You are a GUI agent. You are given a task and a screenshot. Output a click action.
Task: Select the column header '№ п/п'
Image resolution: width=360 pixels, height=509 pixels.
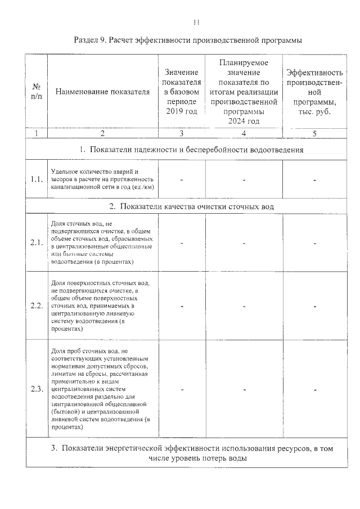[37, 92]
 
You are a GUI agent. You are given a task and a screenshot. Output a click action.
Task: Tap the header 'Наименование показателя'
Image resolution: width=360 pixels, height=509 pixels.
[102, 92]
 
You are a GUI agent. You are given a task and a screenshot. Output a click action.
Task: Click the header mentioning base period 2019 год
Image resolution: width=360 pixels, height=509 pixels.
[182, 92]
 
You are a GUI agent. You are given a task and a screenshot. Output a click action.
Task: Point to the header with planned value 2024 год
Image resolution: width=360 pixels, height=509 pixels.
[244, 92]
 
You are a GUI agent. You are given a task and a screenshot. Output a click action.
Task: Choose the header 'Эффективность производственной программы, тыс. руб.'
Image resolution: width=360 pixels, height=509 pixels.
[314, 92]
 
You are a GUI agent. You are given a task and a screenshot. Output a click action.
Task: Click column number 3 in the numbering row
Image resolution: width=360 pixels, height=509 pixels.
[182, 133]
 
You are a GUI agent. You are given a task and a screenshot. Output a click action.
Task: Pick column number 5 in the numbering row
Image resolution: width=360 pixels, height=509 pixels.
[314, 133]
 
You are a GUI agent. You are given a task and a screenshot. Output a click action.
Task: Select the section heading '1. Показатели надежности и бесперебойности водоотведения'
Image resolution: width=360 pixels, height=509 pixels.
[192, 150]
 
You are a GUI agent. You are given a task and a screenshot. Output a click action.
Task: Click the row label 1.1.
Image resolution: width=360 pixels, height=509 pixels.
[37, 179]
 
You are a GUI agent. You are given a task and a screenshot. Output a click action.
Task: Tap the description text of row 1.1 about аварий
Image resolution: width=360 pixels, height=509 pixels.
[102, 179]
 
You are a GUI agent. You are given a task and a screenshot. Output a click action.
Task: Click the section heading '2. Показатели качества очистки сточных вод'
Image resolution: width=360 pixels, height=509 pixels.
[192, 206]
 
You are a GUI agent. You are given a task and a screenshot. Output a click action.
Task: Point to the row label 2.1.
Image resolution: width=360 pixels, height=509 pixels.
[37, 243]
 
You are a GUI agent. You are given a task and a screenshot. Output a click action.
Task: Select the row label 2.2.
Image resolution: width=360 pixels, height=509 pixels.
[37, 306]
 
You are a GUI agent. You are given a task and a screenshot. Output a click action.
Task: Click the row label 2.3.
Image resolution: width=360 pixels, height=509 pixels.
[37, 389]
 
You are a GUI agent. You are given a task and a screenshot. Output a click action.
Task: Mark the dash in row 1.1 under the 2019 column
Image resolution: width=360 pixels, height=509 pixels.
[182, 179]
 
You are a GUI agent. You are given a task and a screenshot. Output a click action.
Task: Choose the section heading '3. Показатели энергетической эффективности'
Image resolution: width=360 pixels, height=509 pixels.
[192, 453]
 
